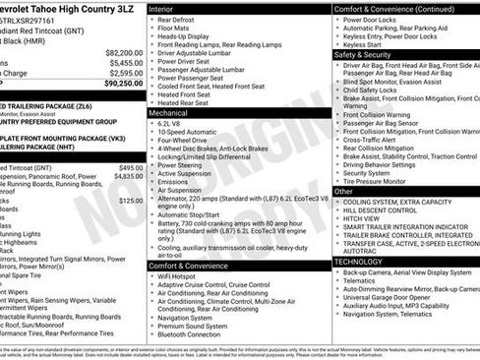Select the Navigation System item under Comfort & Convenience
(x=188, y=317)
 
